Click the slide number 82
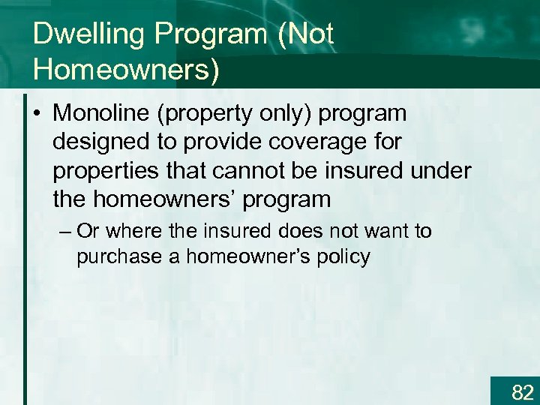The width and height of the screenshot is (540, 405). (x=522, y=391)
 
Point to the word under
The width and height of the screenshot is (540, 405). (x=441, y=171)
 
